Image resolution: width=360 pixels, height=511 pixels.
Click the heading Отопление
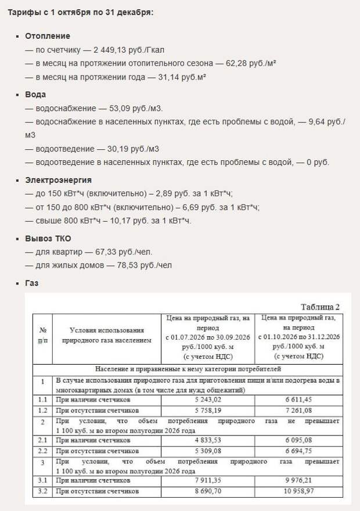pos(48,36)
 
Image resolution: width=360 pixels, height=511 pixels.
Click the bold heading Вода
pos(35,94)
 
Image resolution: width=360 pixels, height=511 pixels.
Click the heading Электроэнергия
pos(58,180)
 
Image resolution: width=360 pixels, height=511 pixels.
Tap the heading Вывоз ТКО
pos(48,239)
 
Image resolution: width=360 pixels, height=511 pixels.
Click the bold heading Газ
pos(32,283)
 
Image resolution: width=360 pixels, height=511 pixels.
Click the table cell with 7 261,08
pos(300,409)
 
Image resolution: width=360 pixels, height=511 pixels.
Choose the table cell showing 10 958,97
pos(300,491)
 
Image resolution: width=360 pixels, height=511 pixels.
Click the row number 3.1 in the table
pos(43,481)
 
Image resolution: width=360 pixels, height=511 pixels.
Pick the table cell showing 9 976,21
pos(300,481)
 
